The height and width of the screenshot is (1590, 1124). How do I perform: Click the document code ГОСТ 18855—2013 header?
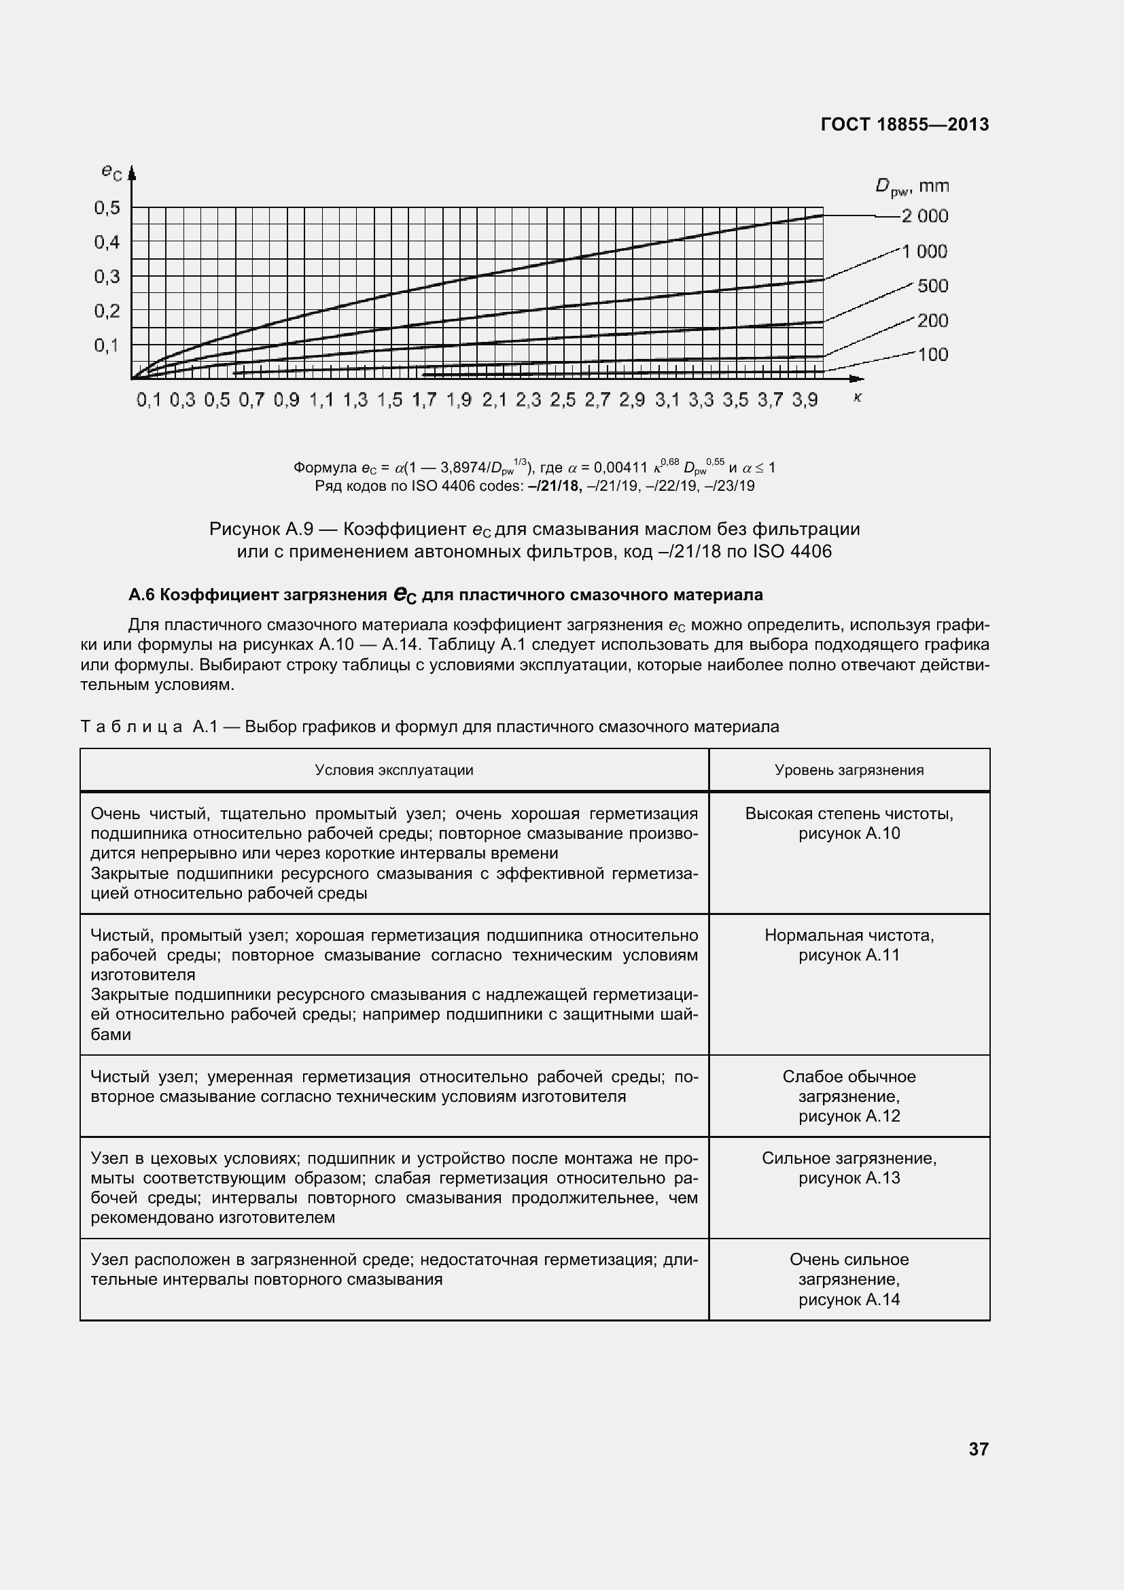(x=904, y=124)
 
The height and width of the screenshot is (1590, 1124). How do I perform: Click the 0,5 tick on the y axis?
(x=107, y=208)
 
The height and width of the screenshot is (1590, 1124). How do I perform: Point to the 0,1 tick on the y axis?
(x=107, y=345)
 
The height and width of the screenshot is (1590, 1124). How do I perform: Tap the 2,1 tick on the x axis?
(x=494, y=400)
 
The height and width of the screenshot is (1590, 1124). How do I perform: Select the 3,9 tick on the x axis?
(x=804, y=400)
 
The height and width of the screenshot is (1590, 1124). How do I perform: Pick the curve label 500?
(x=932, y=286)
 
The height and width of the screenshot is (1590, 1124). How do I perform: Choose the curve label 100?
(x=932, y=355)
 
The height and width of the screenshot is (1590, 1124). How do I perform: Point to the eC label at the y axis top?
(x=111, y=171)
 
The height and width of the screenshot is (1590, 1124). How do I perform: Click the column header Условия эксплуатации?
(x=394, y=770)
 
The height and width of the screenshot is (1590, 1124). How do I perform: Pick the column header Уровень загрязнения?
(x=849, y=770)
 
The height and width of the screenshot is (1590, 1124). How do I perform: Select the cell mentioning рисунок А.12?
(x=849, y=1096)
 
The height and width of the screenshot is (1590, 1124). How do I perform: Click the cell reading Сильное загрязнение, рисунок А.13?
(x=849, y=1169)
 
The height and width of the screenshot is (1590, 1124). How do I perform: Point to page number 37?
(x=978, y=1449)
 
